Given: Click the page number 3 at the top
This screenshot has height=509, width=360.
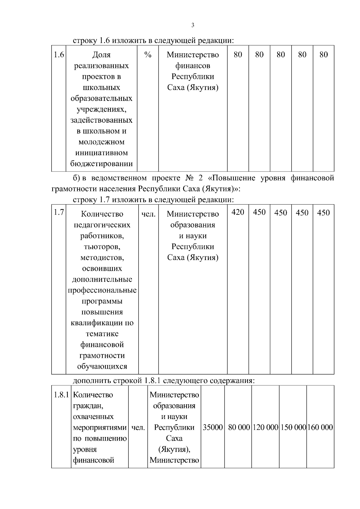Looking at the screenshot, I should pyautogui.click(x=193, y=25).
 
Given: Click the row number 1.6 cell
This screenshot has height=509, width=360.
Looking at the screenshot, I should pyautogui.click(x=59, y=55).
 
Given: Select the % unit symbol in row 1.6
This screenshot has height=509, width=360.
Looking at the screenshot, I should pyautogui.click(x=148, y=55).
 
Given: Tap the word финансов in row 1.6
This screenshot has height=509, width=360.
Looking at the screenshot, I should pyautogui.click(x=193, y=66).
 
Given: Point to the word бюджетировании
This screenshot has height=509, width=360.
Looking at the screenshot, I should pyautogui.click(x=101, y=164).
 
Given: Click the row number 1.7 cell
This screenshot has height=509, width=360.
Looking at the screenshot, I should pyautogui.click(x=59, y=212).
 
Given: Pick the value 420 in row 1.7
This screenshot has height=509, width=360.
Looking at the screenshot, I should pyautogui.click(x=238, y=212).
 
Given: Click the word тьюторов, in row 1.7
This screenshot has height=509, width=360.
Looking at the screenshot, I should pyautogui.click(x=102, y=247).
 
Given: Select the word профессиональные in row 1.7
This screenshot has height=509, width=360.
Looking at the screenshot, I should pyautogui.click(x=102, y=290).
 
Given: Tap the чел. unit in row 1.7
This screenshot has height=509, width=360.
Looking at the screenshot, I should pyautogui.click(x=148, y=214).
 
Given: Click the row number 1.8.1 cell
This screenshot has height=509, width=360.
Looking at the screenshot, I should pyautogui.click(x=61, y=395).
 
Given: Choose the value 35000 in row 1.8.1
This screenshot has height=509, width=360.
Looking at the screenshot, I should pyautogui.click(x=213, y=427).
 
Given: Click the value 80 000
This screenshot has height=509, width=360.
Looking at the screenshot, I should pyautogui.click(x=239, y=427).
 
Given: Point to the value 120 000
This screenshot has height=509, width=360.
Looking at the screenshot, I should pyautogui.click(x=265, y=427).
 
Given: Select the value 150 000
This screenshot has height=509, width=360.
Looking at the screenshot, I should pyautogui.click(x=293, y=427).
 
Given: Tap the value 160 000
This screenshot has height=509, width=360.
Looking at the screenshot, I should pyautogui.click(x=320, y=427).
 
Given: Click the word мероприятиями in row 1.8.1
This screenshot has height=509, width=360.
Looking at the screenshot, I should pyautogui.click(x=100, y=428).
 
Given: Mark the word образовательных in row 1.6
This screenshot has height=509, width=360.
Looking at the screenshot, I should pyautogui.click(x=101, y=98).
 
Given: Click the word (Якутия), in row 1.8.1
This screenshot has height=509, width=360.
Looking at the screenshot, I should pyautogui.click(x=174, y=449).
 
